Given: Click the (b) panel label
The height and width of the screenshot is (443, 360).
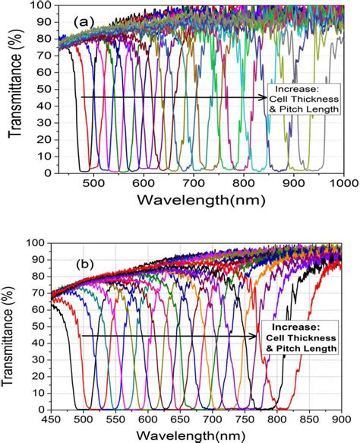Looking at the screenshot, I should (86, 267).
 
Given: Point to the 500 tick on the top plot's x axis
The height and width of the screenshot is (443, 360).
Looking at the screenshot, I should (93, 183).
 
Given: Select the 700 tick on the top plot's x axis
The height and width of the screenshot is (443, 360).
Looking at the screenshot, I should (194, 183).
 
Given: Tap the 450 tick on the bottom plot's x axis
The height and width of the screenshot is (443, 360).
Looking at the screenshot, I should (52, 419).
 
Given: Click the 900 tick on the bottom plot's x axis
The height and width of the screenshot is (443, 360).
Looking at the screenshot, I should (343, 419).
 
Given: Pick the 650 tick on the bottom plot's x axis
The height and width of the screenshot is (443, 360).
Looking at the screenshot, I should (182, 419).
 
